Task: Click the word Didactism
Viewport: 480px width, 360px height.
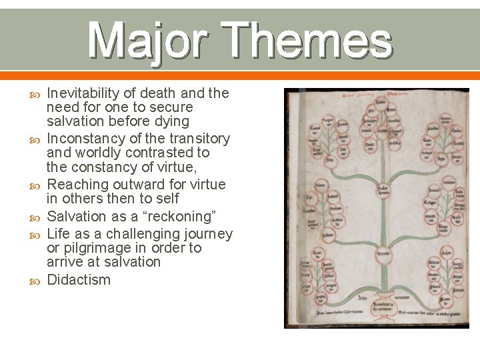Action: tap(79, 279)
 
